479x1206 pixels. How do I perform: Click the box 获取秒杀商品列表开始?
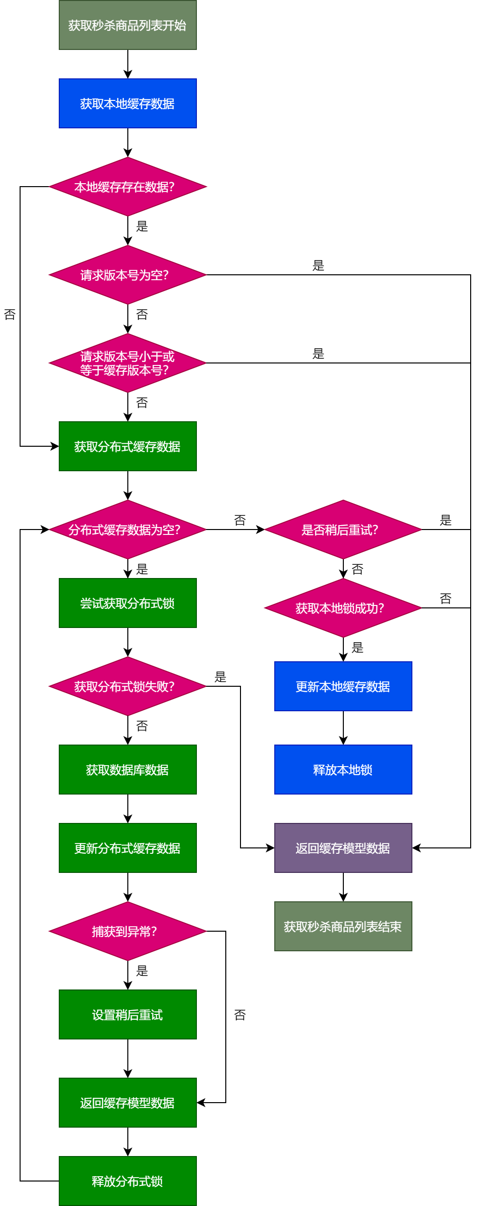coord(127,25)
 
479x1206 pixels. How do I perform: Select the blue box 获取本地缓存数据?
coord(127,103)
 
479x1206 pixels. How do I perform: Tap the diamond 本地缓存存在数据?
coord(127,187)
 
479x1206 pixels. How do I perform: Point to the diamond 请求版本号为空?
coord(127,275)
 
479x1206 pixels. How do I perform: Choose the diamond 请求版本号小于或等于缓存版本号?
coord(127,363)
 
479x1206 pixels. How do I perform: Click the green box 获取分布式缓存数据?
coord(127,446)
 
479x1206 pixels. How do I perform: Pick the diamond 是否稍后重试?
coord(343,530)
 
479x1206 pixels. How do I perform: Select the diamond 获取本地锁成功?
coord(343,608)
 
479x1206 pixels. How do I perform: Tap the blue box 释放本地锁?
coord(343,770)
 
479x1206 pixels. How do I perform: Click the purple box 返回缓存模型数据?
coord(343,848)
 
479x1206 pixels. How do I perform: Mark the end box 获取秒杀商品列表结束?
coord(343,926)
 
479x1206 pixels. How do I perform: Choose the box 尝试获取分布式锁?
coord(127,603)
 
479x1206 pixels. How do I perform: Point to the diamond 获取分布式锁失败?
coord(127,686)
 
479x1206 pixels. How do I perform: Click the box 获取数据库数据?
coord(127,770)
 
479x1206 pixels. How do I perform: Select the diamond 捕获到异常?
coord(127,931)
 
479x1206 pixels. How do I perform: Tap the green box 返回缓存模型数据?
coord(127,1103)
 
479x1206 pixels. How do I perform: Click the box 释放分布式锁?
coord(127,1181)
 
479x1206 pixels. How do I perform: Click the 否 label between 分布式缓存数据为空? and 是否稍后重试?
coord(240,520)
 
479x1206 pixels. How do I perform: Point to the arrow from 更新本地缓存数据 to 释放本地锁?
coord(343,728)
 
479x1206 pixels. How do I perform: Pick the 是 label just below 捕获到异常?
coord(142,971)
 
